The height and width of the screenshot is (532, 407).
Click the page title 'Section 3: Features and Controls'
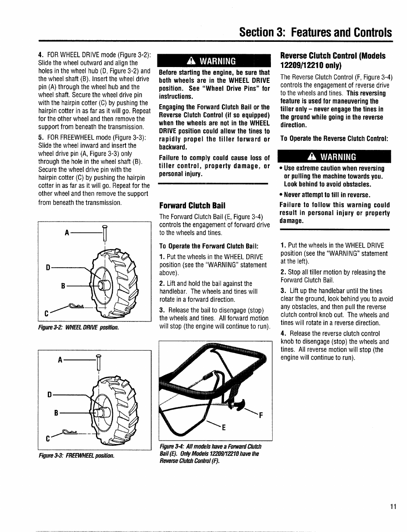pos(315,32)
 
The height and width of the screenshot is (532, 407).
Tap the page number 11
pos(393,507)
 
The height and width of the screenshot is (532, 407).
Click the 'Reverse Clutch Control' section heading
pos(332,60)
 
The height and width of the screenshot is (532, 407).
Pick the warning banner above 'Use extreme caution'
pos(334,156)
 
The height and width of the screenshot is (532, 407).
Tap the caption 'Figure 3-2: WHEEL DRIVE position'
pos(78,327)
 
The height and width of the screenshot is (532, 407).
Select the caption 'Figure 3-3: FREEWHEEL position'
pos(76,456)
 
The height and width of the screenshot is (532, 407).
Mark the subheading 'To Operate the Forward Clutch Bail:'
pos(209,246)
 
